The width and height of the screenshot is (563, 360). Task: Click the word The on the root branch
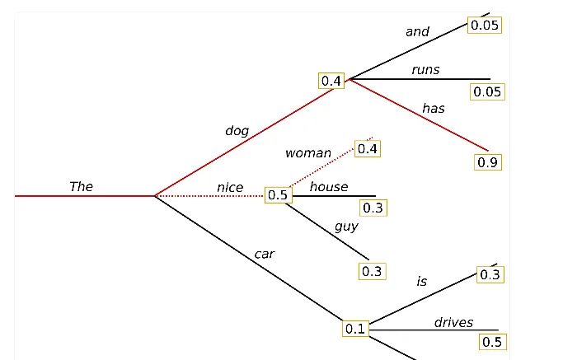(x=81, y=186)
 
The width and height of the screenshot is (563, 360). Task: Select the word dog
(x=237, y=130)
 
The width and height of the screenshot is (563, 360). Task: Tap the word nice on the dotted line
(x=230, y=187)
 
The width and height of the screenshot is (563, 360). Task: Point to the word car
(x=264, y=254)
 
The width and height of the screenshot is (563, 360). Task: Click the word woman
(x=307, y=152)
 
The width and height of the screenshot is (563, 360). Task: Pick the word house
(x=329, y=186)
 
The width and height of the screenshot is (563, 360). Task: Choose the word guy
(x=346, y=226)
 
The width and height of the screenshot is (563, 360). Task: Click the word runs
(x=425, y=69)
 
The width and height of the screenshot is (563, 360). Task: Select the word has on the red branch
(x=434, y=108)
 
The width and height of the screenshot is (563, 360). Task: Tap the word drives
(x=453, y=321)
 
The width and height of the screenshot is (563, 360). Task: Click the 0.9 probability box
(x=488, y=162)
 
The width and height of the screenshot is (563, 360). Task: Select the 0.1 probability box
(x=355, y=328)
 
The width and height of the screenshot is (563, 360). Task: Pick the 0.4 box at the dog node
(x=331, y=80)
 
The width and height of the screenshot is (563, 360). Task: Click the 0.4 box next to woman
(x=368, y=148)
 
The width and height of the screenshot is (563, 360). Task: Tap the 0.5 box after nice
(x=278, y=195)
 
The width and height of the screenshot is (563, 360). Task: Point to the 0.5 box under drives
(x=492, y=341)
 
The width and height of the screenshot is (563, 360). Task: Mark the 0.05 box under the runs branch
(x=486, y=91)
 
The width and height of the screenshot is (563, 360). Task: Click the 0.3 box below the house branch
(x=373, y=208)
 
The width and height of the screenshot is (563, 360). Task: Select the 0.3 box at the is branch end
(x=490, y=274)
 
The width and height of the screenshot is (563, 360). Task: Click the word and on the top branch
(x=417, y=31)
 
